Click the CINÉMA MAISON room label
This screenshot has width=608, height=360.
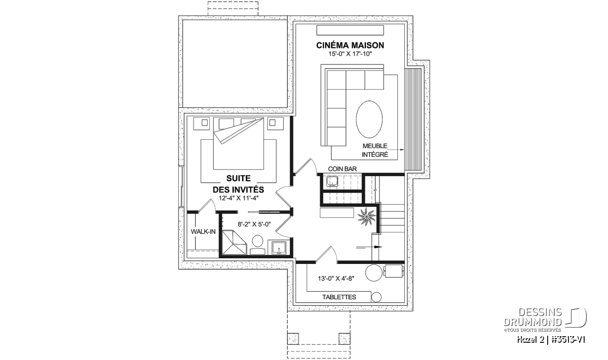pyautogui.click(x=350, y=45)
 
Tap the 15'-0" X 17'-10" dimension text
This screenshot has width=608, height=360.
pyautogui.click(x=350, y=54)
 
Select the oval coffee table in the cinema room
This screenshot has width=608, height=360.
pyautogui.click(x=369, y=119)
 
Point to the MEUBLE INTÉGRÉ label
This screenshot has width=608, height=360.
pyautogui.click(x=375, y=150)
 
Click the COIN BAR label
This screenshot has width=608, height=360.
pyautogui.click(x=343, y=169)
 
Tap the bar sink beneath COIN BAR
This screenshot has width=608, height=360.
pyautogui.click(x=331, y=181)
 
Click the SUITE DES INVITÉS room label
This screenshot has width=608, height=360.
pyautogui.click(x=238, y=184)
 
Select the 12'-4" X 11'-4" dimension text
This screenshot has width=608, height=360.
pyautogui.click(x=239, y=198)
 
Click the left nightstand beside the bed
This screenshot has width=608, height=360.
pyautogui.click(x=201, y=124)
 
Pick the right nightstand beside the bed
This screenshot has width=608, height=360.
pyautogui.click(x=276, y=124)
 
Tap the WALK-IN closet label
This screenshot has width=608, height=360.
pyautogui.click(x=203, y=232)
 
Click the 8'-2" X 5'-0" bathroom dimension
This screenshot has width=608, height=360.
pyautogui.click(x=254, y=224)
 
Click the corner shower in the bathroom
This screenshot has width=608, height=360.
pyautogui.click(x=234, y=243)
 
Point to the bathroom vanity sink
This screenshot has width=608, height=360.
pyautogui.click(x=279, y=248)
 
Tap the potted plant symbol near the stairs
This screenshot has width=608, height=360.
pyautogui.click(x=366, y=216)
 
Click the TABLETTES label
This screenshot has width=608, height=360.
pyautogui.click(x=339, y=297)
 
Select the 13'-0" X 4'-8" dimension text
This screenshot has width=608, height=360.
pyautogui.click(x=336, y=278)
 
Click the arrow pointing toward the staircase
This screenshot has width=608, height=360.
pyautogui.click(x=369, y=247)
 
